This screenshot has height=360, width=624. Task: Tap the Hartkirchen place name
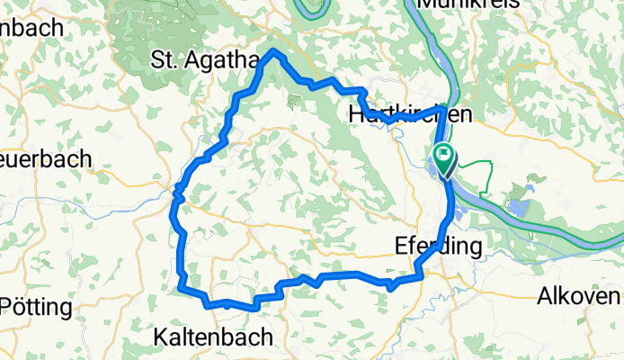409,114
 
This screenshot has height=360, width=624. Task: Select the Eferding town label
438,246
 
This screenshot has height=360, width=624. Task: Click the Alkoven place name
579,295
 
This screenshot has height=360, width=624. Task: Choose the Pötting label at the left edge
35,307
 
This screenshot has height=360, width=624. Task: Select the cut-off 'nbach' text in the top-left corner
31,28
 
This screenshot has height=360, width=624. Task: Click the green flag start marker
444,157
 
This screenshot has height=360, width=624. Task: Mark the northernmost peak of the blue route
273,52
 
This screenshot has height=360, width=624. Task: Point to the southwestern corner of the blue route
183,289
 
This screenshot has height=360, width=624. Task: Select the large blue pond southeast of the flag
521,209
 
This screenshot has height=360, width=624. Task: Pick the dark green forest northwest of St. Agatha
144,27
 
